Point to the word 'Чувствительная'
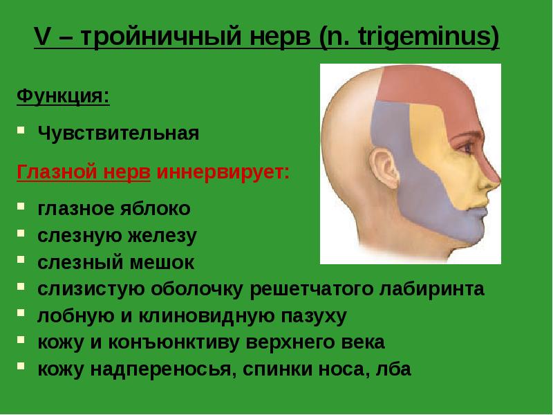coord(118,133)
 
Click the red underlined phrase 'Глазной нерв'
coord(84,171)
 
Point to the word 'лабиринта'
coord(433,288)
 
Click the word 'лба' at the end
coord(391,369)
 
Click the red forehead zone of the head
coord(422,86)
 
